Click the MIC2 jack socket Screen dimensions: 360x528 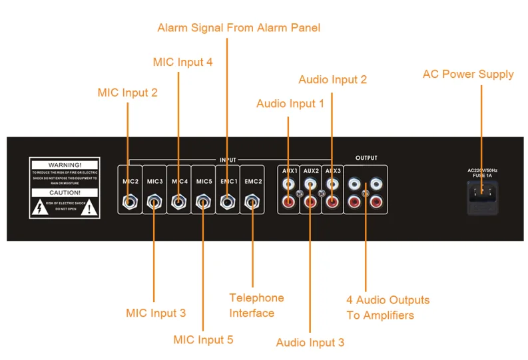pos(129,200)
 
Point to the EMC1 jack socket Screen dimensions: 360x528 pos(228,200)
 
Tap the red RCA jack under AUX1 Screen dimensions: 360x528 pos(288,201)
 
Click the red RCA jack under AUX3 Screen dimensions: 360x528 pos(332,201)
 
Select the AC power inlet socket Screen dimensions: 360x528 pos(482,194)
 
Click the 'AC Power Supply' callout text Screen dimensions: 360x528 pos(468,74)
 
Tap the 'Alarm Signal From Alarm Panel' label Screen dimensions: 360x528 pos(238,28)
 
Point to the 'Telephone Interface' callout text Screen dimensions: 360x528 pos(256,305)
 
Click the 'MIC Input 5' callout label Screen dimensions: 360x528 pos(203,340)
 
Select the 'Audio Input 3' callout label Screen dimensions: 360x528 pos(310,343)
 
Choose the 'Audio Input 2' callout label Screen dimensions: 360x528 pos(332,80)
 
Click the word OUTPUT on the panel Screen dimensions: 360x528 pos(366,158)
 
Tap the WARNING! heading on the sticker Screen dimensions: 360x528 pos(65,164)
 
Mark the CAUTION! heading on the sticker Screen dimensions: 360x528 pos(65,193)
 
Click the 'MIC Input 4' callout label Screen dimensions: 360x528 pos(182,62)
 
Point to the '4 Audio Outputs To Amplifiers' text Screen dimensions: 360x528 pos(388,307)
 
